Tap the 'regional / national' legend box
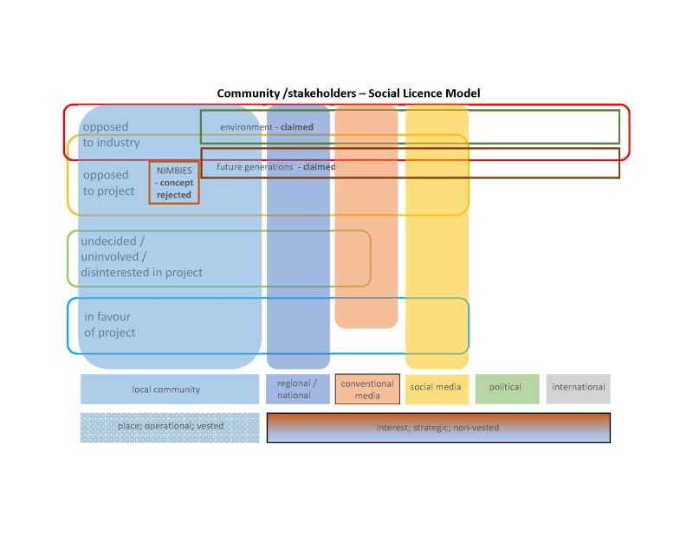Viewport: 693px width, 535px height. point(298,389)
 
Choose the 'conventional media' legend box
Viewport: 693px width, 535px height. point(366,389)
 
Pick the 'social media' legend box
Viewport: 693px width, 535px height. point(436,388)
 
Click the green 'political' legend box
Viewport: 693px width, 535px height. point(506,388)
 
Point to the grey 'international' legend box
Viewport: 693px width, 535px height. point(578,388)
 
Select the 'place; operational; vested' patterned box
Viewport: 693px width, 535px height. point(170,427)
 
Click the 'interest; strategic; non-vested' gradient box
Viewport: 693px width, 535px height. point(438,428)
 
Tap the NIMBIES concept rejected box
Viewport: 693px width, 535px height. point(174,183)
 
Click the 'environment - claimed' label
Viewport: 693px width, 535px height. point(266,127)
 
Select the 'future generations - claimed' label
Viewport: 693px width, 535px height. point(275,166)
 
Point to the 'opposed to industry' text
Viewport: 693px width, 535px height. point(111,135)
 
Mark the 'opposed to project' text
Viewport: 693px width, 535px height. point(108,183)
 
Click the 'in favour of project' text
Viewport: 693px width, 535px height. point(109,325)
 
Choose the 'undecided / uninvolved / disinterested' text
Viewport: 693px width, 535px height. point(140,257)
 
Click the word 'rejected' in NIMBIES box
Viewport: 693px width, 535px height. point(174,196)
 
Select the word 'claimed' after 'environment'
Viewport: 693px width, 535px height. point(297,127)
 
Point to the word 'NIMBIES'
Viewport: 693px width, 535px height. point(174,171)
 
